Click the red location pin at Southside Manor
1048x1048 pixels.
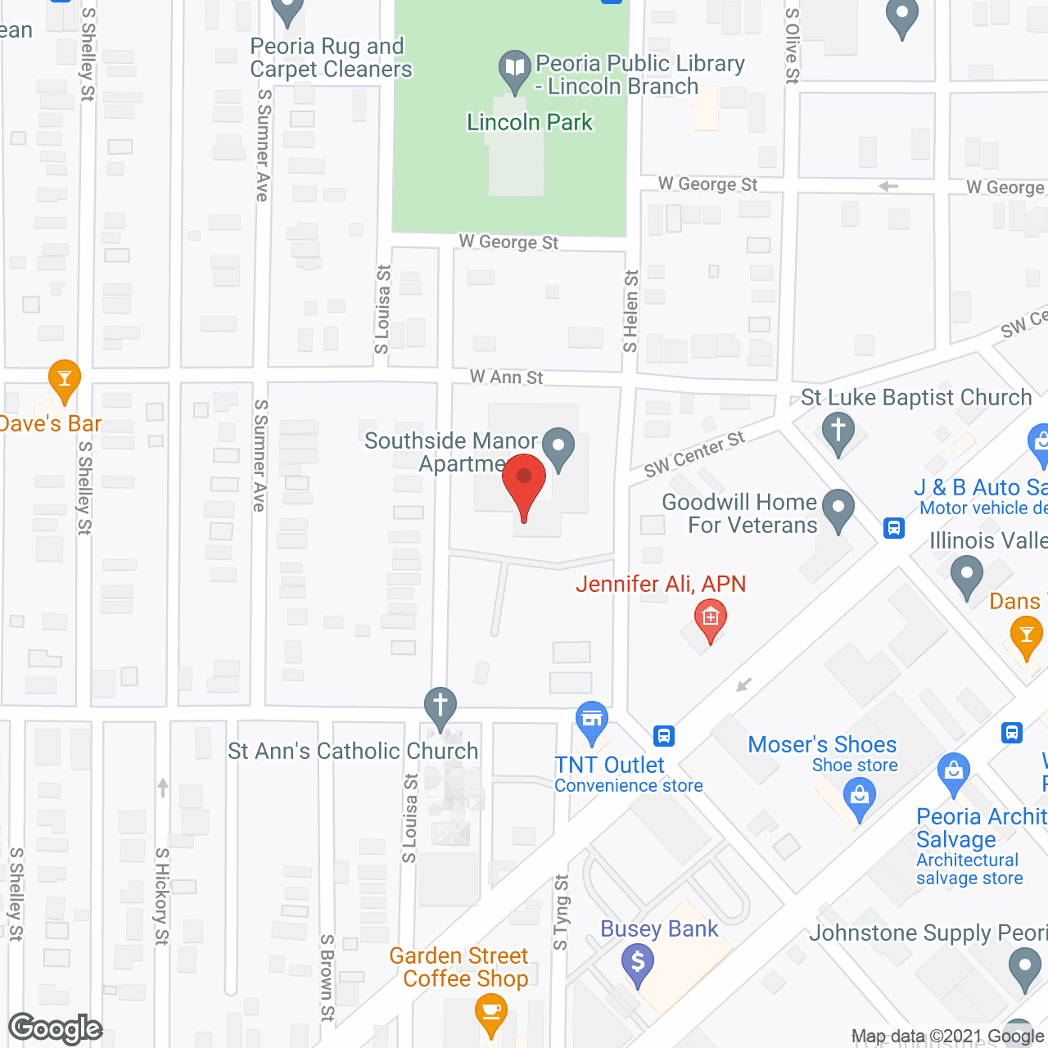(524, 481)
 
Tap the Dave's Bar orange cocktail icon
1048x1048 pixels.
(64, 379)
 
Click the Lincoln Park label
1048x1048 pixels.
(529, 123)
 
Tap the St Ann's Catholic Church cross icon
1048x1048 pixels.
(440, 706)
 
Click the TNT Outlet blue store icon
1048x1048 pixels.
(592, 720)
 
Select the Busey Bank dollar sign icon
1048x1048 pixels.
(638, 961)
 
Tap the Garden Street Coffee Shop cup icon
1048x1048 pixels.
(490, 1012)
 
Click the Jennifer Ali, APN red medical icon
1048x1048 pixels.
(710, 618)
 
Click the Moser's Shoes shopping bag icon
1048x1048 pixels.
(859, 796)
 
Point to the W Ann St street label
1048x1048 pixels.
(506, 377)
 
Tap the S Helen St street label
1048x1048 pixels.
(630, 311)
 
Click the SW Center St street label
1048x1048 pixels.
(694, 454)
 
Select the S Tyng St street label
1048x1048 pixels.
(561, 912)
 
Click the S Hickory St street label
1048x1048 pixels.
(161, 897)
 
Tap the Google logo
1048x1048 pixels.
(56, 1028)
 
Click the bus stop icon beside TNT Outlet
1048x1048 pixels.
(664, 736)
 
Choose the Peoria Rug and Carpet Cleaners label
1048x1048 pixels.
(331, 57)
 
